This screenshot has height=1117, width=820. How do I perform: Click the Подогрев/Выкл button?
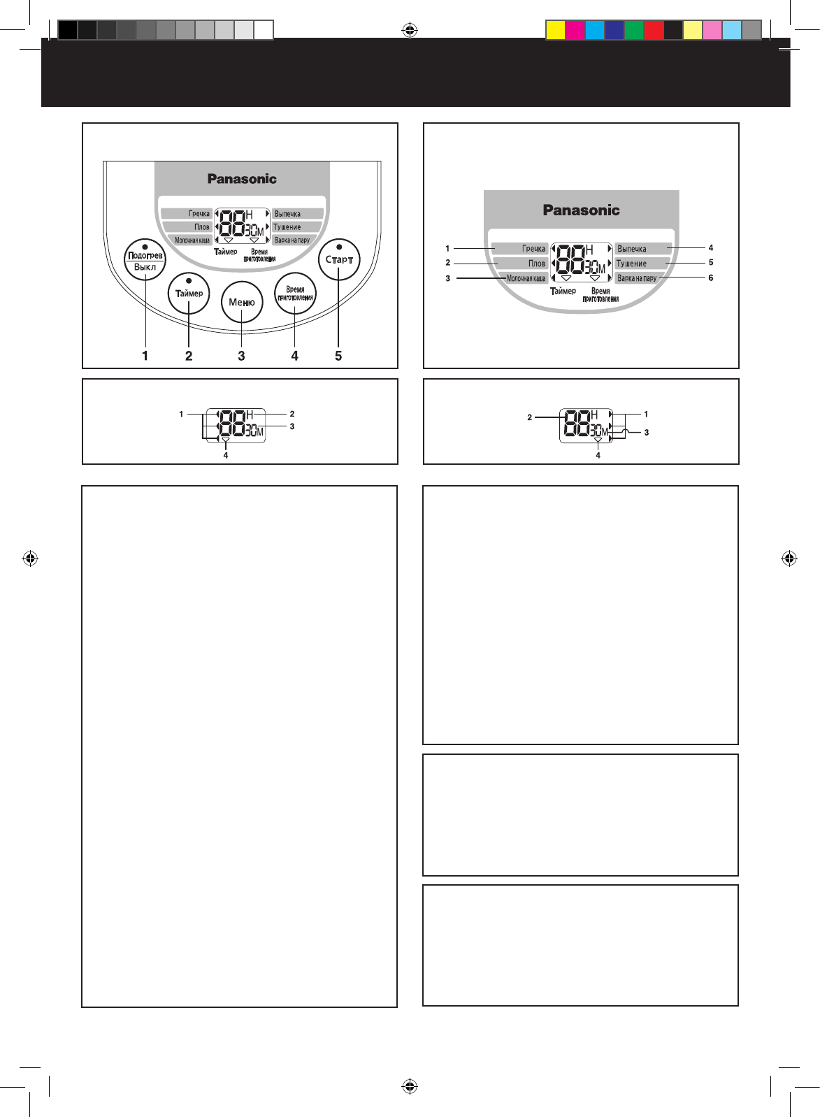145,260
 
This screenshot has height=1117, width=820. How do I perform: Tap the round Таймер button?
189,294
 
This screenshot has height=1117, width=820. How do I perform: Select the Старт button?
339,260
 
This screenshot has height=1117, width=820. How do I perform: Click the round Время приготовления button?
295,294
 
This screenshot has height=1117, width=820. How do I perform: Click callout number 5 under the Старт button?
338,356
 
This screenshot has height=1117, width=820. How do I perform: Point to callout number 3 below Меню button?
241,356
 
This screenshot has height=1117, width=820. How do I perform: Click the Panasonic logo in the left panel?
242,179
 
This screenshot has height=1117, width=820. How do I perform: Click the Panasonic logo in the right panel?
581,210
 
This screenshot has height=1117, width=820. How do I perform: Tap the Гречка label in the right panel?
533,248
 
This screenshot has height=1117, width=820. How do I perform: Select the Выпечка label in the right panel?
632,248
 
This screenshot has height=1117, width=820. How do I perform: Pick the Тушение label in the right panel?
631,264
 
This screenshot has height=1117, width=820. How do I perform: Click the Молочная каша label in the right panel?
526,278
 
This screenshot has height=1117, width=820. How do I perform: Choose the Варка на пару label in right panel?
637,278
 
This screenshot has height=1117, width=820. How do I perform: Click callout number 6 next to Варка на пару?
711,278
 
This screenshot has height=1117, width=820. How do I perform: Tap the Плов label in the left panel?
201,227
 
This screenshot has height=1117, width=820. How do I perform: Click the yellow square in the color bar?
556,30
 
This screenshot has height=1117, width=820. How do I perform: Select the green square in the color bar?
634,30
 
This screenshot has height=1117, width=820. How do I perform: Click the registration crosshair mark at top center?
410,30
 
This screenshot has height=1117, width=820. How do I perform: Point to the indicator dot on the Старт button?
339,247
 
